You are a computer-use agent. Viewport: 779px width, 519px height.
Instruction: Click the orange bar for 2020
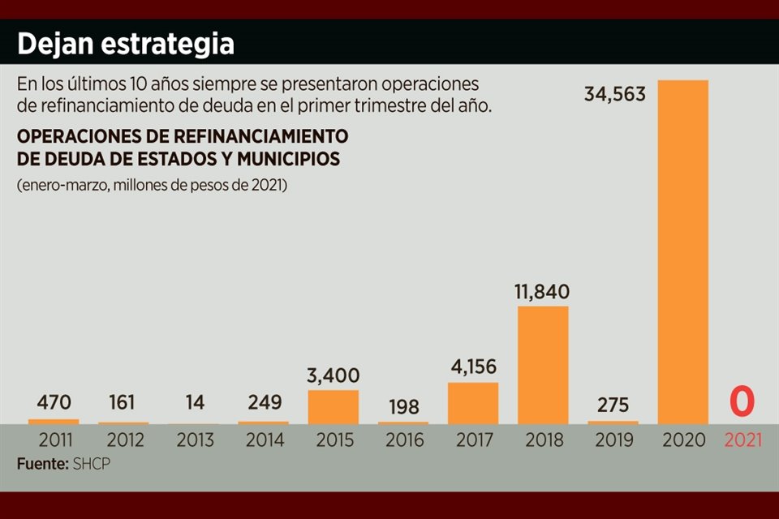pos(682,251)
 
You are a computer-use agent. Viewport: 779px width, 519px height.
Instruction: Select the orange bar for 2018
pos(543,365)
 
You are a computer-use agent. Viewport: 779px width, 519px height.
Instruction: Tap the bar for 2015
pos(334,407)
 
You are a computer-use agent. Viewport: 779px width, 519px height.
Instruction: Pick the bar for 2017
pos(473,403)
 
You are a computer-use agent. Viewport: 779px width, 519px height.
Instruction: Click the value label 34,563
pos(615,94)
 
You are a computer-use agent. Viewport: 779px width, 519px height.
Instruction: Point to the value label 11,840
pos(542,291)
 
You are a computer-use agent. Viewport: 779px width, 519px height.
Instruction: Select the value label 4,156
pos(472,367)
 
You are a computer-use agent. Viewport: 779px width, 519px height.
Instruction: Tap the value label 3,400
pos(334,375)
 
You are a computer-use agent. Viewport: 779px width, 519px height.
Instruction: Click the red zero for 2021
pos(742,402)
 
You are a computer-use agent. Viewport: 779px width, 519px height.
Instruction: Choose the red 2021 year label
pos(743,441)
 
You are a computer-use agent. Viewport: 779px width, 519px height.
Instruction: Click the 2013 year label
pos(195,441)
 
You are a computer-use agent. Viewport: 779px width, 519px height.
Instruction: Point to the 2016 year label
pos(403,441)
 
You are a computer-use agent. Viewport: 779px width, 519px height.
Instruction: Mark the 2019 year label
pos(613,441)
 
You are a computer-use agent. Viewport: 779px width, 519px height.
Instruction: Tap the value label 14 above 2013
pos(195,402)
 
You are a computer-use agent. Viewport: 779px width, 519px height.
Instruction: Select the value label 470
pos(55,402)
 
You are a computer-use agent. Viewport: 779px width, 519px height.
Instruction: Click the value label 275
pos(613,405)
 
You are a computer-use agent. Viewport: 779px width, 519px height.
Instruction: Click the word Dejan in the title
pos(54,43)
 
